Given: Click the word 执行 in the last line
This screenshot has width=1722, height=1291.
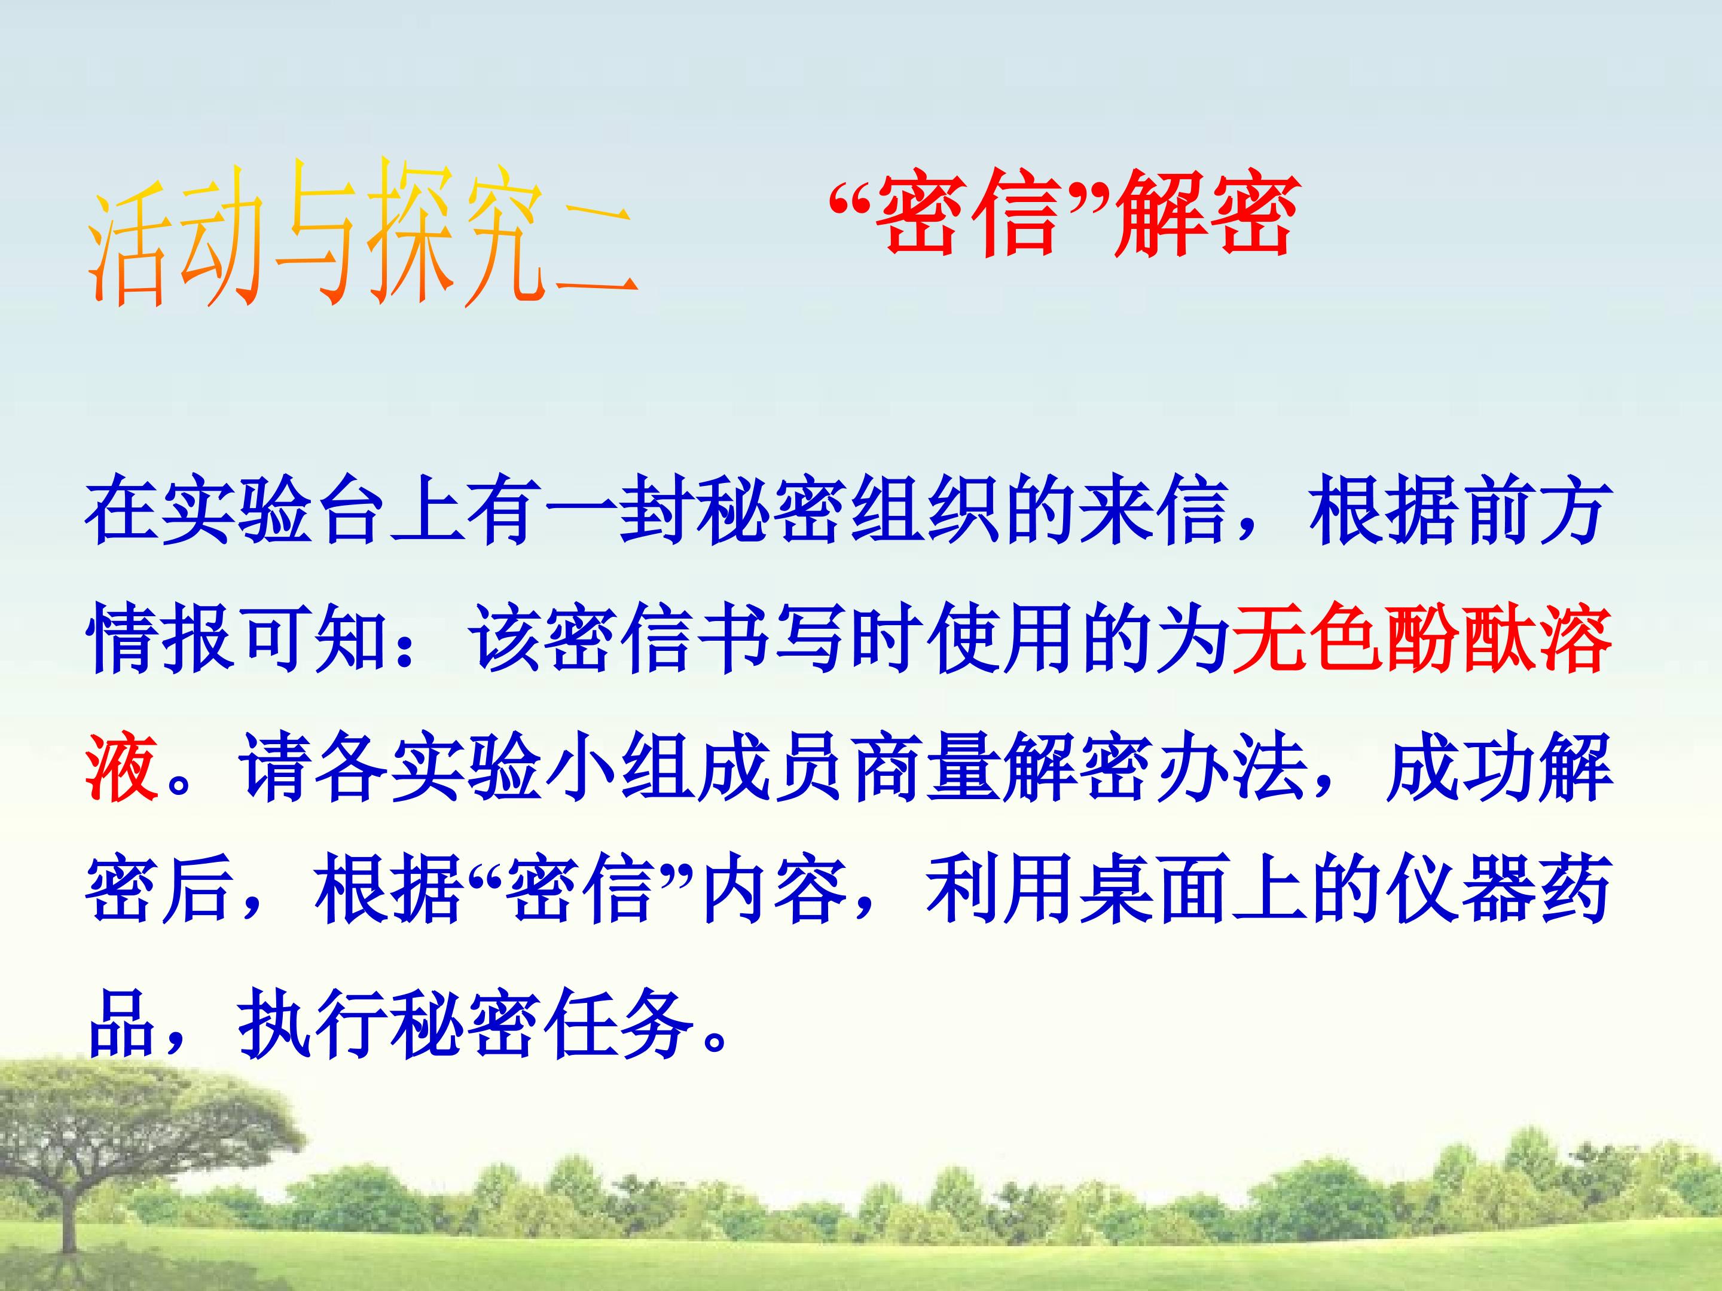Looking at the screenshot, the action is tap(312, 1020).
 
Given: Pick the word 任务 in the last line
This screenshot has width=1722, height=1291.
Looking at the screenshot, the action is tap(616, 1020).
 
